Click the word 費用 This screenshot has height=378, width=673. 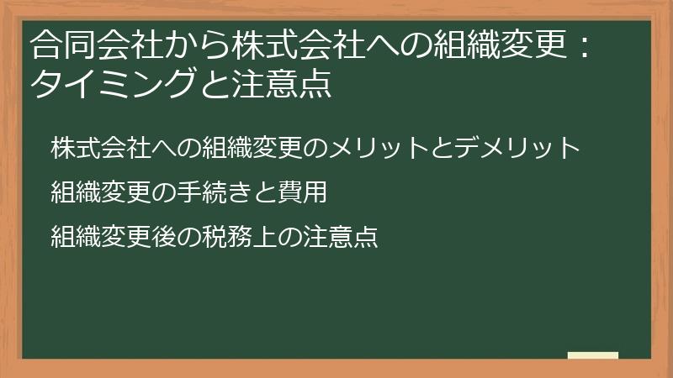[x=302, y=193]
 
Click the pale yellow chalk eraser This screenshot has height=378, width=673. [x=593, y=355]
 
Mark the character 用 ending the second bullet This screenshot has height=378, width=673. [x=315, y=193]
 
